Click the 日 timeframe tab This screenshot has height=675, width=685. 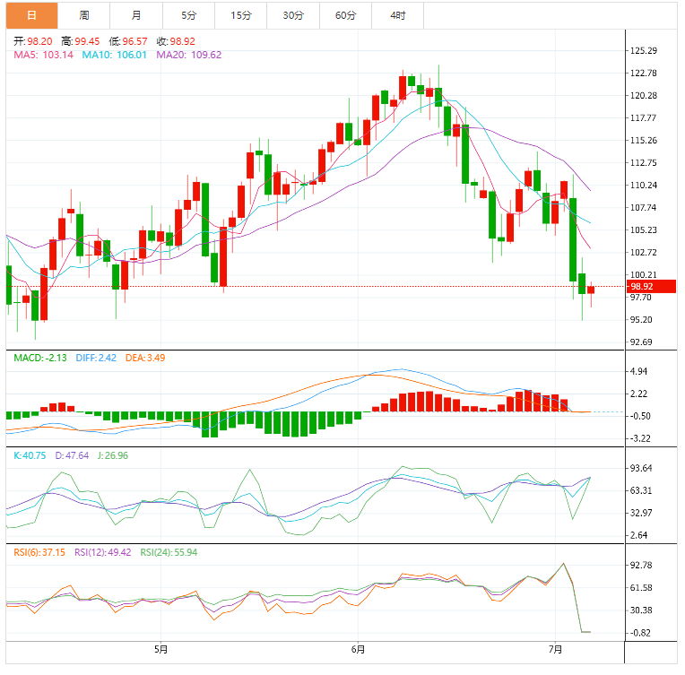32,15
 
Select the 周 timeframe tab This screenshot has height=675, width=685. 83,15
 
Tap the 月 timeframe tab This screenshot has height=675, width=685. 135,15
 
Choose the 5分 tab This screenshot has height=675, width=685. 188,15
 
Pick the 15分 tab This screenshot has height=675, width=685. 240,15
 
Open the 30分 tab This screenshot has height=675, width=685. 292,15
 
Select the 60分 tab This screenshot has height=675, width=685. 345,15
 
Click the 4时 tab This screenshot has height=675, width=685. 398,15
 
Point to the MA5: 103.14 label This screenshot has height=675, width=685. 44,55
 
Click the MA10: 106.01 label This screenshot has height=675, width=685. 116,55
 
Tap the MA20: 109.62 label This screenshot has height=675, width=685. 188,55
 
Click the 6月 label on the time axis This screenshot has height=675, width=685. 358,648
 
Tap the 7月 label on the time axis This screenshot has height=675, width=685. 555,648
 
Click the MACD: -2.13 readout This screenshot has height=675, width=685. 40,358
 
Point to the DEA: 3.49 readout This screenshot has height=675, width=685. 144,358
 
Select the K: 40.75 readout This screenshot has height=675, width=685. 29,455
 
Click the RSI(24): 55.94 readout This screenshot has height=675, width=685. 169,552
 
